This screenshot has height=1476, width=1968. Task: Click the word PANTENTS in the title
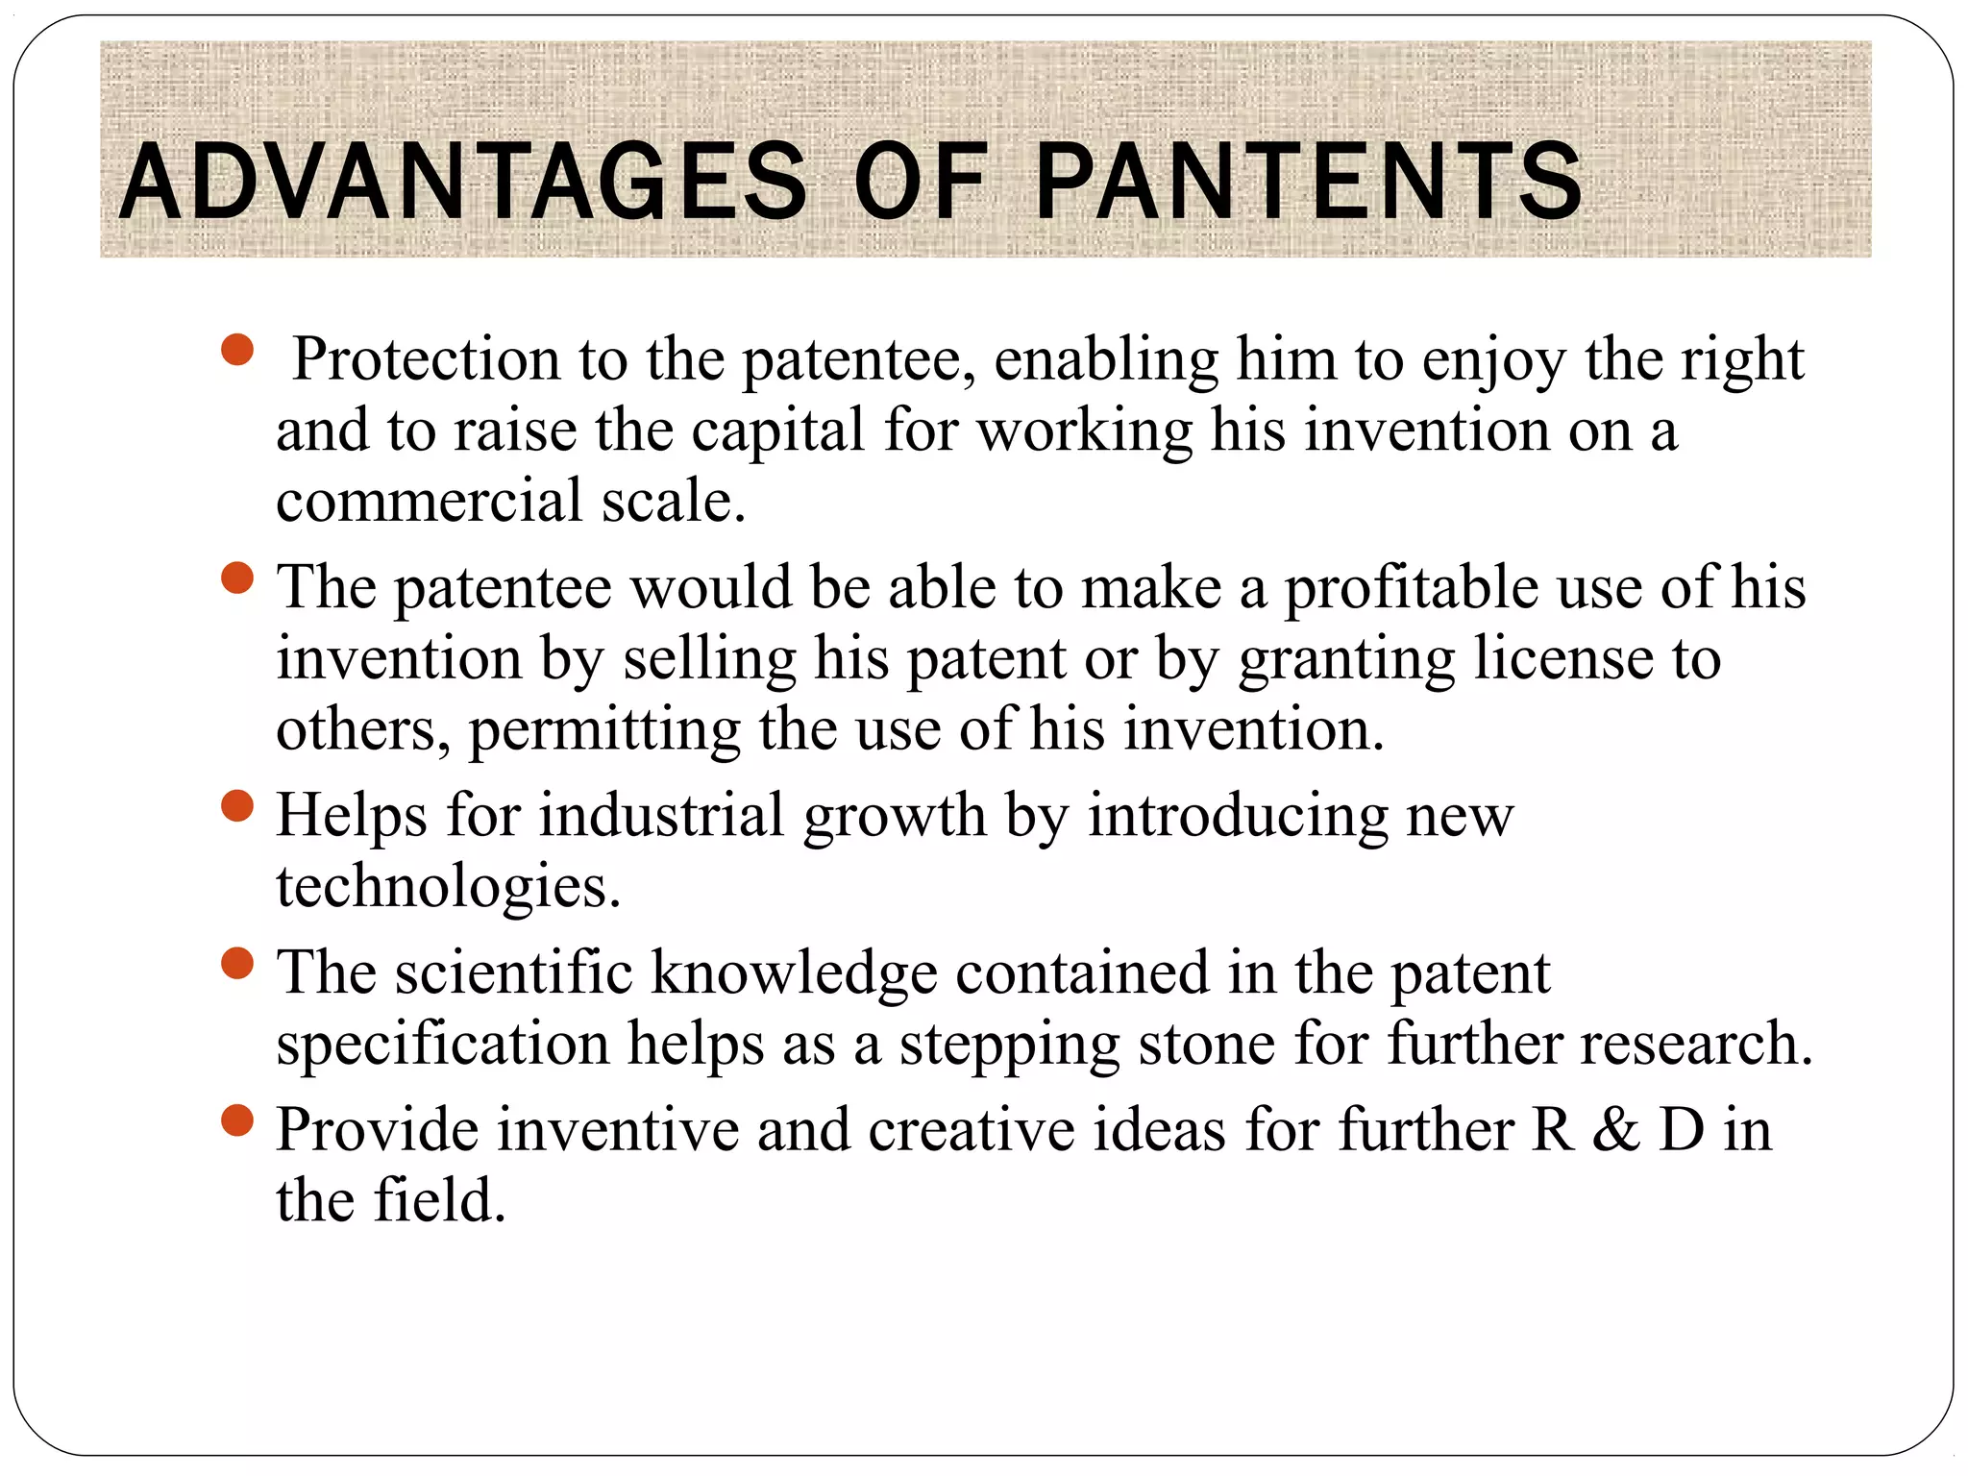coord(1309,181)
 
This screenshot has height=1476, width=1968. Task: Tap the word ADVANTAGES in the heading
coord(463,181)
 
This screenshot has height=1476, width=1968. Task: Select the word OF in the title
coord(920,181)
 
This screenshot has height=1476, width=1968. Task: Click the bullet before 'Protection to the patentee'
coord(236,350)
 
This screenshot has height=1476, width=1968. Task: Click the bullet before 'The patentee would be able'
coord(236,578)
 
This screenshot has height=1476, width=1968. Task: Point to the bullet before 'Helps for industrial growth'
coord(236,806)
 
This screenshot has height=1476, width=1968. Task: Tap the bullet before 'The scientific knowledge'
coord(236,963)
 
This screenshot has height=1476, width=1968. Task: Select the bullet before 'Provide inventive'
coord(236,1119)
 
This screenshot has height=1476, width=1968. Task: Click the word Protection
coord(426,359)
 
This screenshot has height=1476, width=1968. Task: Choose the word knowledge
coord(794,972)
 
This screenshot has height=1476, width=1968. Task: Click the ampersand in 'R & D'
coord(1616,1130)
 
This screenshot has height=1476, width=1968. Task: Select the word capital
coord(778,430)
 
